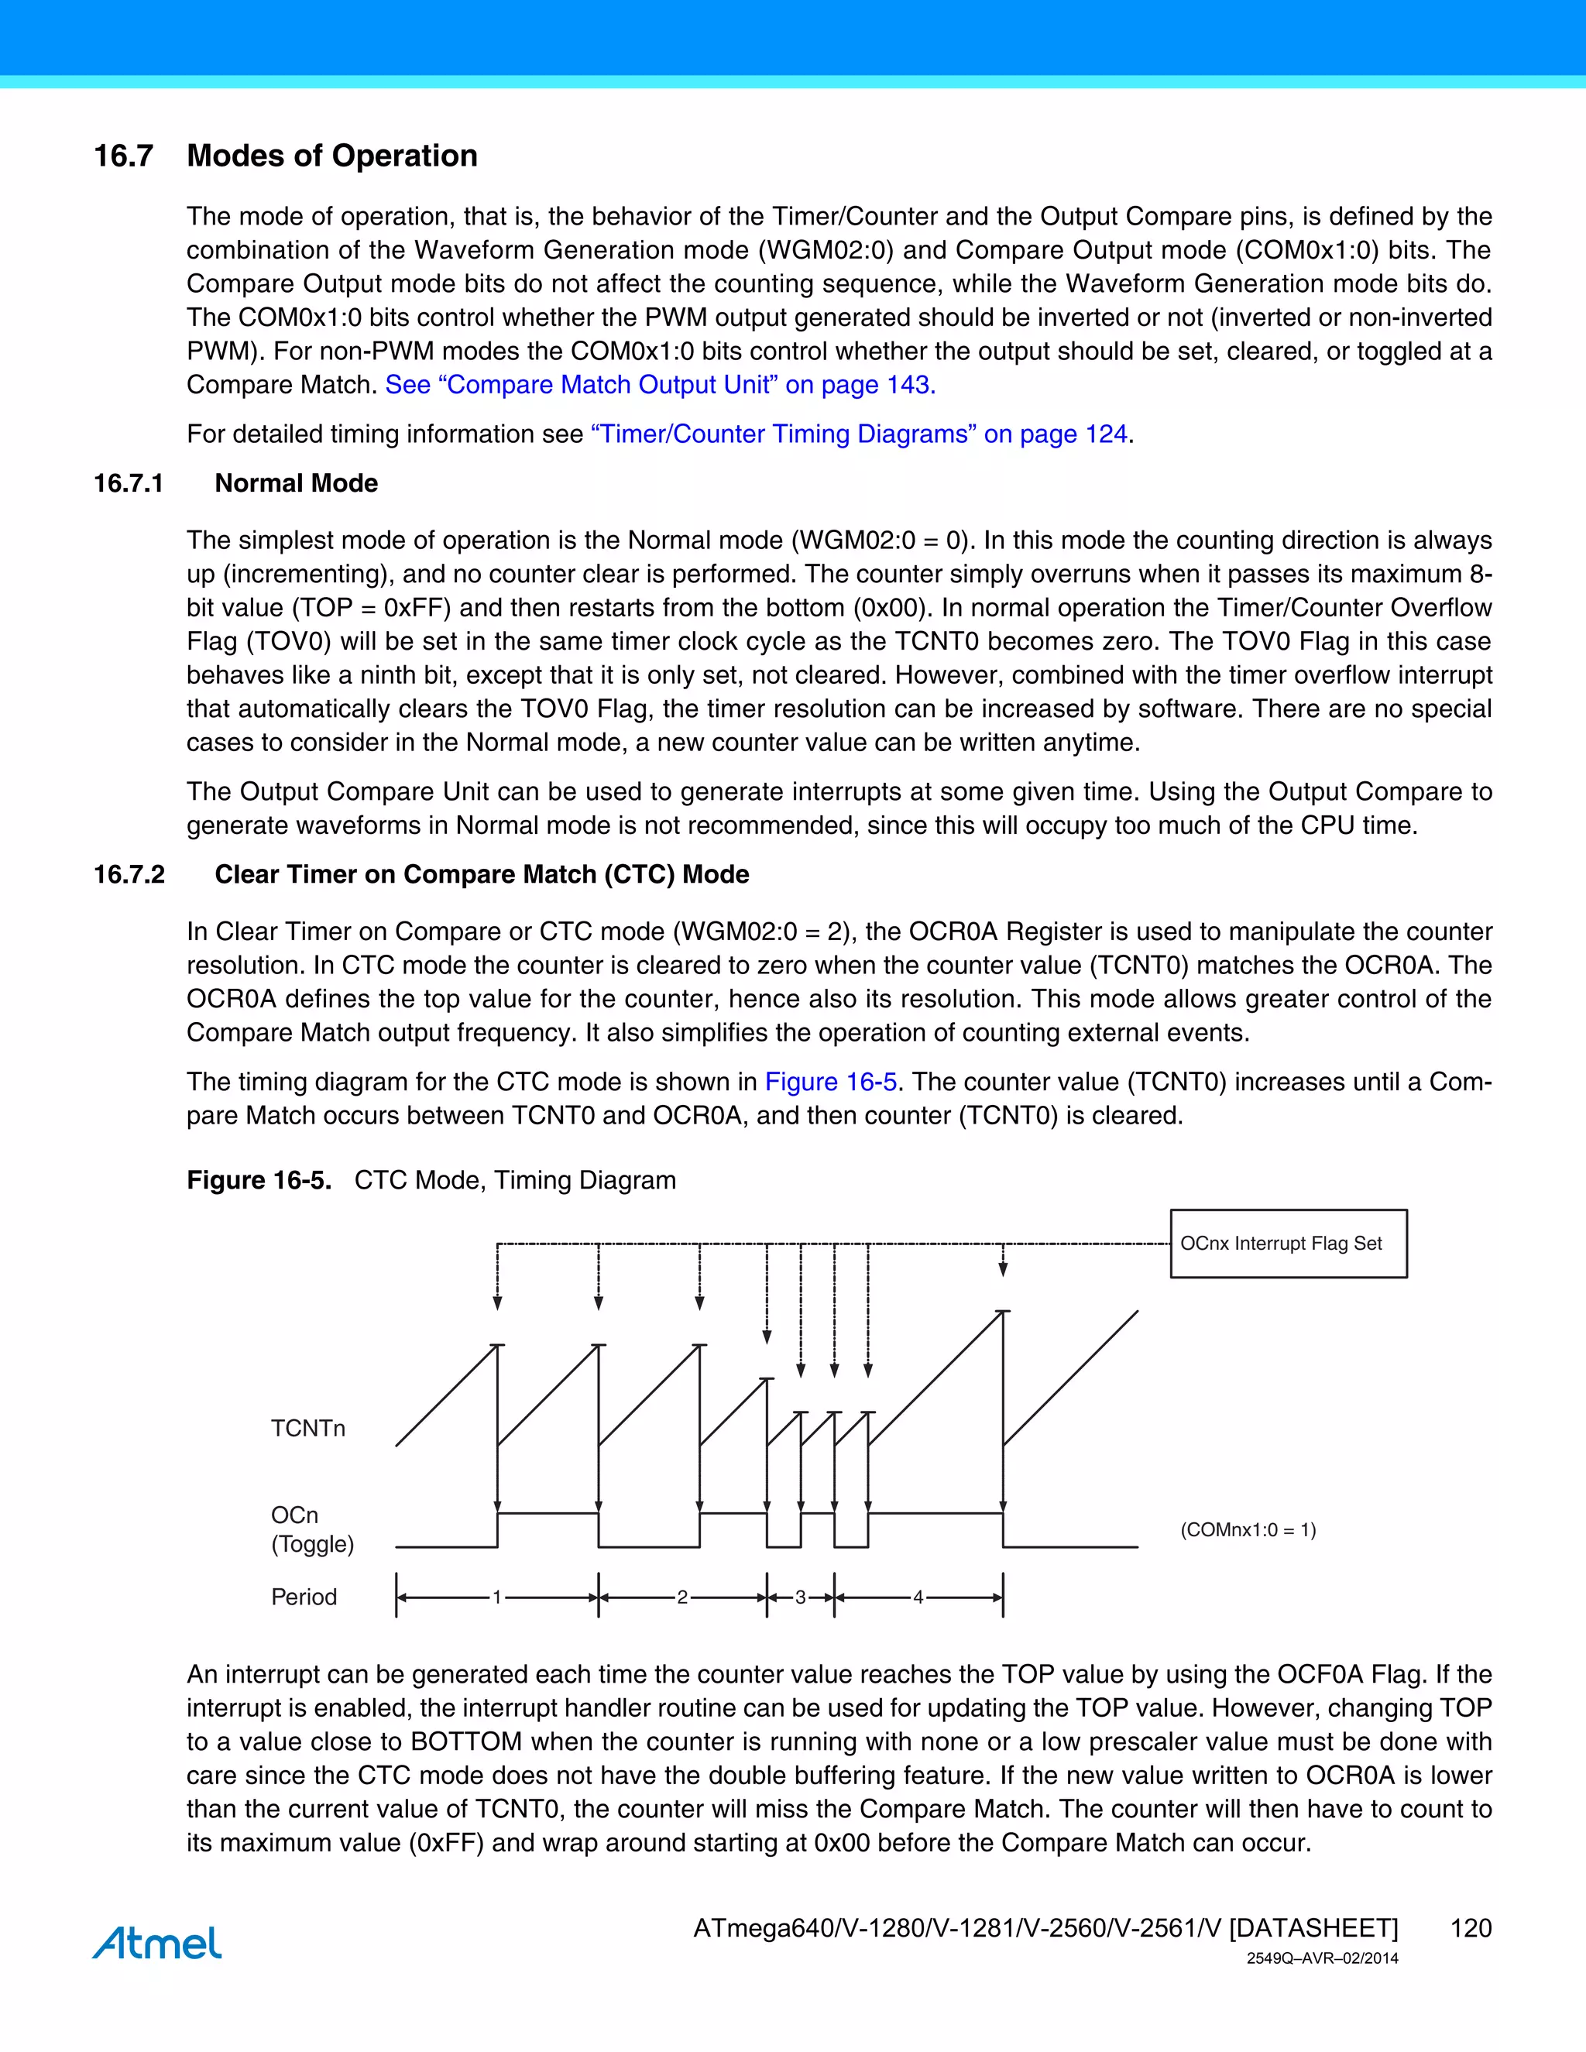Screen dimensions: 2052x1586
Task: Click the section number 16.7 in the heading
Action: pyautogui.click(x=123, y=156)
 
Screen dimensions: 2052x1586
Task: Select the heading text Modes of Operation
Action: pyautogui.click(x=331, y=156)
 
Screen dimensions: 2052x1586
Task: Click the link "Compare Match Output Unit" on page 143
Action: pyautogui.click(x=660, y=385)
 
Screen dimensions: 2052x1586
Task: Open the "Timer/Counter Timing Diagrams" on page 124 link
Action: pyautogui.click(x=859, y=434)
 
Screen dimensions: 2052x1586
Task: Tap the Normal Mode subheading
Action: pyautogui.click(x=296, y=483)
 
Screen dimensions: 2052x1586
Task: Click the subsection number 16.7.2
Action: pyautogui.click(x=129, y=875)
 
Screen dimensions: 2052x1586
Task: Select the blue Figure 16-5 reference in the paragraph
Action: pyautogui.click(x=831, y=1083)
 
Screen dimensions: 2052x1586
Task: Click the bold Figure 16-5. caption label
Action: pyautogui.click(x=259, y=1180)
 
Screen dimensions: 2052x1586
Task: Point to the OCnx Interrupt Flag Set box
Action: pyautogui.click(x=1288, y=1243)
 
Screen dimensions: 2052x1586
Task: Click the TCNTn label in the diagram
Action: pyautogui.click(x=308, y=1428)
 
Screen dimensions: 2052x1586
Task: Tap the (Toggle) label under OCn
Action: pyautogui.click(x=312, y=1544)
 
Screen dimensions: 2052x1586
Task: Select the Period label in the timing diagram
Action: pyautogui.click(x=304, y=1597)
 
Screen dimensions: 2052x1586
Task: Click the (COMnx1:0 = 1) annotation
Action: pyautogui.click(x=1248, y=1529)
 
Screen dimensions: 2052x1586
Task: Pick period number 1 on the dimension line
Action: pyautogui.click(x=497, y=1597)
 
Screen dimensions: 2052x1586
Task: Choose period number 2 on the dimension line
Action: pyautogui.click(x=682, y=1597)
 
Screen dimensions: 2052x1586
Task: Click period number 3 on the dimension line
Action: pyautogui.click(x=801, y=1597)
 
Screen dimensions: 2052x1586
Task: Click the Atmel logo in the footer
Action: pyautogui.click(x=157, y=1943)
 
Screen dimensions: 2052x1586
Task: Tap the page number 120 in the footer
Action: pyautogui.click(x=1471, y=1928)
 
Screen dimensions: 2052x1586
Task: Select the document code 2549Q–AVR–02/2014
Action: pyautogui.click(x=1322, y=1959)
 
